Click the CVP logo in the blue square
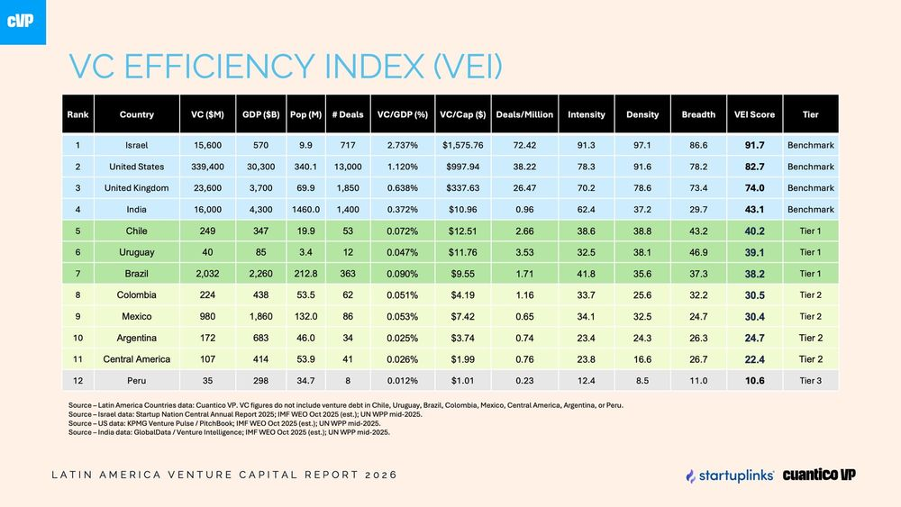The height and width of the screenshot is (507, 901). click(20, 22)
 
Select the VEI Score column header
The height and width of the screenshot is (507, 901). click(754, 114)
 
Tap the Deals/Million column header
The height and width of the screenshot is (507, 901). click(524, 114)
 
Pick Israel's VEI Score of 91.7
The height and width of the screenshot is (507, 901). click(754, 145)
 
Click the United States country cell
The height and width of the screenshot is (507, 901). click(137, 167)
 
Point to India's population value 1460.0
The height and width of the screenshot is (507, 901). click(305, 210)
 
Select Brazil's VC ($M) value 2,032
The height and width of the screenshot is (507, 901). click(207, 274)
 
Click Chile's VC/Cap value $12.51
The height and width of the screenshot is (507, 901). click(462, 231)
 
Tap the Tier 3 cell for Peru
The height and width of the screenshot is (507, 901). click(810, 381)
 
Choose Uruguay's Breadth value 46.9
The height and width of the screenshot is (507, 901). click(698, 252)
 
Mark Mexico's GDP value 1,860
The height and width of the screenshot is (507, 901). click(261, 316)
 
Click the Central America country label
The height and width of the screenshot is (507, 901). click(137, 359)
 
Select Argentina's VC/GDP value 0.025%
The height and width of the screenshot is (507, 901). click(402, 339)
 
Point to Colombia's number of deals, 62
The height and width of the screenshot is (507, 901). click(348, 295)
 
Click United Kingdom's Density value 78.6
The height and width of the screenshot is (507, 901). click(642, 187)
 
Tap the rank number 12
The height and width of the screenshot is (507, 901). click(77, 381)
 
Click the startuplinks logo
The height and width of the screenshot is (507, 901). click(730, 475)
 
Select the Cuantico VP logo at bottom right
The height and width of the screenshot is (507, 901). click(819, 475)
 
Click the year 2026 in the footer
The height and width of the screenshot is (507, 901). click(381, 475)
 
